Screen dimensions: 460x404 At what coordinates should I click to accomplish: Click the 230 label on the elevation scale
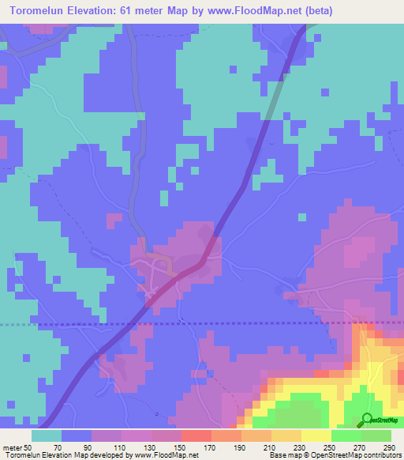click(302, 447)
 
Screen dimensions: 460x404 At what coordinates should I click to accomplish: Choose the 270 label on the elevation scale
click(362, 447)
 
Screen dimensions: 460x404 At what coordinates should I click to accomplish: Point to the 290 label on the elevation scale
click(392, 447)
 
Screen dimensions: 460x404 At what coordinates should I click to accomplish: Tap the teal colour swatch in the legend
click(47, 435)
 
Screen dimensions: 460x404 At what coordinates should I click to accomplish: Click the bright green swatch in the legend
click(346, 435)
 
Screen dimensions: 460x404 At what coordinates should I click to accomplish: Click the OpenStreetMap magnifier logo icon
click(367, 420)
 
